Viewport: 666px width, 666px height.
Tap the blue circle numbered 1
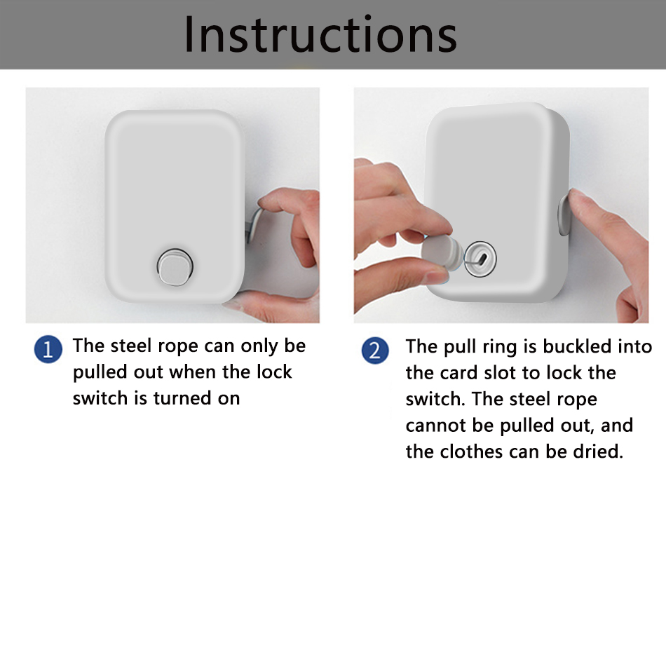(x=48, y=350)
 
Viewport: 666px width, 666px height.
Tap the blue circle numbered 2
(x=375, y=351)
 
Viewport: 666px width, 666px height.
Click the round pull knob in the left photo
(x=175, y=266)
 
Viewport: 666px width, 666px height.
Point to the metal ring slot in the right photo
(x=480, y=258)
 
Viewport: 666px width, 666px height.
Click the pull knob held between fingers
(x=442, y=252)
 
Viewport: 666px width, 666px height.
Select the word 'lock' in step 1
(x=274, y=372)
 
